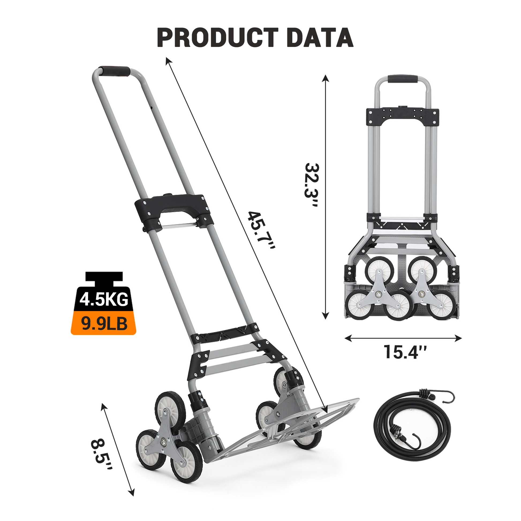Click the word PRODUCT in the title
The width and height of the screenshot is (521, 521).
218,37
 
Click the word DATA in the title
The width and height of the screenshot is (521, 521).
320,37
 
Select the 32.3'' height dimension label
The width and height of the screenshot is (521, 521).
312,185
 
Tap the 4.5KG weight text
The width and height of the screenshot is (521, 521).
104,299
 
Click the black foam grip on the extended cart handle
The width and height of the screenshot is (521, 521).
114,71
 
